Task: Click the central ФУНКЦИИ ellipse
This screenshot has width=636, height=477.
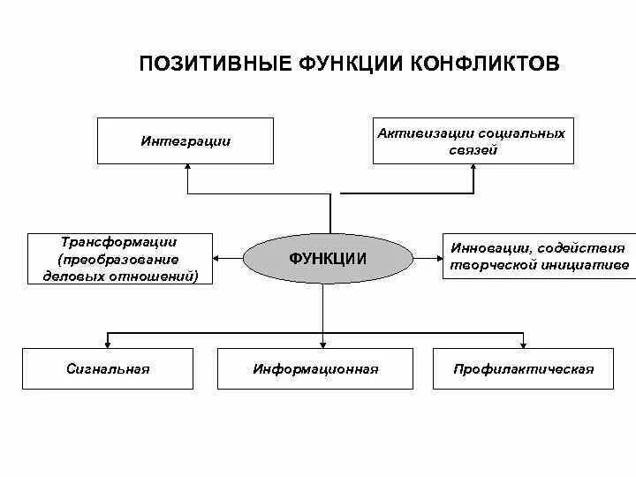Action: click(x=328, y=259)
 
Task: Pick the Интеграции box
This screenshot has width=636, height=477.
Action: click(x=185, y=140)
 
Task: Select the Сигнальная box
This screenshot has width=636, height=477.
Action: click(x=108, y=368)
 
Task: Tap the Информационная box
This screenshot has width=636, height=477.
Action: click(x=315, y=368)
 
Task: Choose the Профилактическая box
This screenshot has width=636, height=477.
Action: click(x=523, y=368)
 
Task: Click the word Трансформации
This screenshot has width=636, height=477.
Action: click(x=119, y=241)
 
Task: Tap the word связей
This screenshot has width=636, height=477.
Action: click(x=473, y=150)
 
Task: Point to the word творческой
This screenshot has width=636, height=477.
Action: click(x=489, y=265)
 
